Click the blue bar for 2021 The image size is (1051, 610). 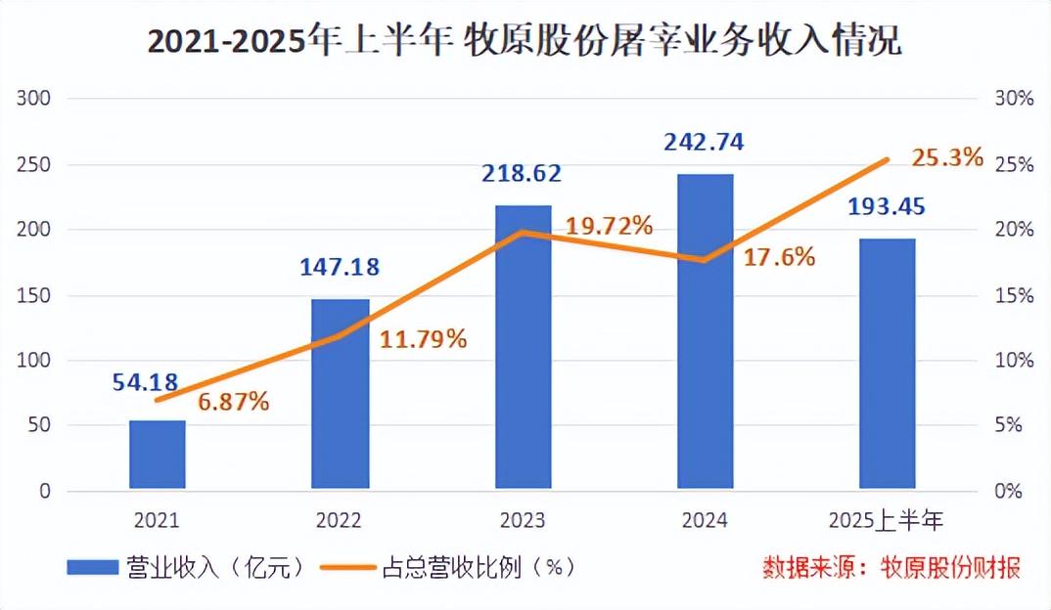tap(158, 455)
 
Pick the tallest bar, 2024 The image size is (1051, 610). tap(705, 331)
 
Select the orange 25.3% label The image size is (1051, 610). tap(946, 155)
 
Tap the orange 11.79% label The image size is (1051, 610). tap(423, 340)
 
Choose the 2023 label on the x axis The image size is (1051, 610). tap(522, 520)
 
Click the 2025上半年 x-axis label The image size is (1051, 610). tap(887, 520)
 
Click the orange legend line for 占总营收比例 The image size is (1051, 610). tap(344, 567)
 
